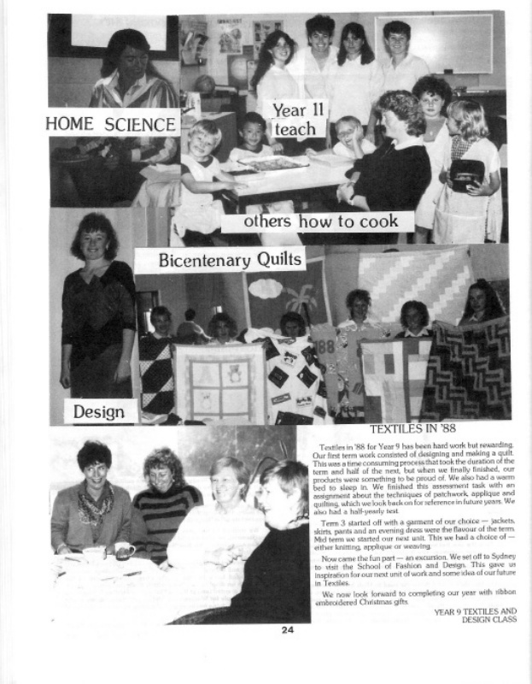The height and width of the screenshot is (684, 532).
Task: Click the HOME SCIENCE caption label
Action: point(111,125)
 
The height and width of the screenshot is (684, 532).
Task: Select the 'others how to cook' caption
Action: point(317,221)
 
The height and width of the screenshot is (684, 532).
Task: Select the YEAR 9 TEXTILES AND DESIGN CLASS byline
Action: point(475,615)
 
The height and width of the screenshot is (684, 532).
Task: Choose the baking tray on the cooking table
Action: point(273,162)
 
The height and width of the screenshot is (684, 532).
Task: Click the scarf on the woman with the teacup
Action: point(96,505)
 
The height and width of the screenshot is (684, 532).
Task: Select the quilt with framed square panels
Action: point(208,381)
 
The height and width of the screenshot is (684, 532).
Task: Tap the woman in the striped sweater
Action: point(167,504)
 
